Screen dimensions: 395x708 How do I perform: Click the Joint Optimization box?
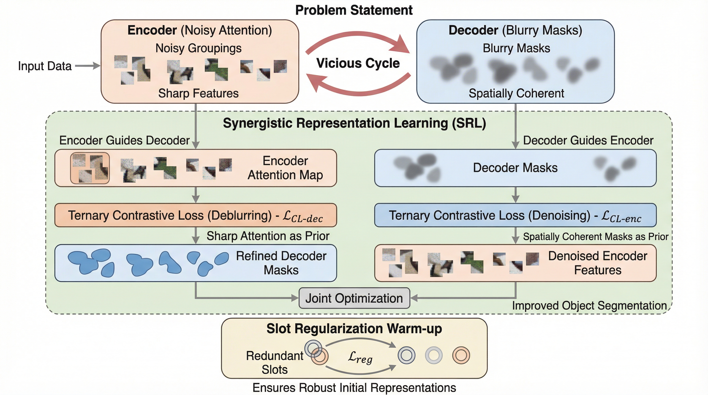pos(354,298)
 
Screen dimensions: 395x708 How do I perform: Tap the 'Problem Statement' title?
pos(354,11)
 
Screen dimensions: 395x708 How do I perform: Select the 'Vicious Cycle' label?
pos(358,63)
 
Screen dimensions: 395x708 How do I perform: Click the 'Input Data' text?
pos(45,66)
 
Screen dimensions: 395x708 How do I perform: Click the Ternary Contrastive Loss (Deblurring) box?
pos(196,215)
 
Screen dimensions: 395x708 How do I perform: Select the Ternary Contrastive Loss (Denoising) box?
pos(515,215)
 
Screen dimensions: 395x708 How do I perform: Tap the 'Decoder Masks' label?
pos(515,168)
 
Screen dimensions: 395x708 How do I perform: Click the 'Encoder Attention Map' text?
pos(285,168)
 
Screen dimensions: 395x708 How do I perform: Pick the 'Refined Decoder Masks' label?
pos(281,263)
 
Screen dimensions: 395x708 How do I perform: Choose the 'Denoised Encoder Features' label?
pos(598,263)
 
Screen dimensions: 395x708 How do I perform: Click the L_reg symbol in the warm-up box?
pos(360,357)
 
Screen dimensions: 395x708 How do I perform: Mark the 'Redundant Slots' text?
pos(275,362)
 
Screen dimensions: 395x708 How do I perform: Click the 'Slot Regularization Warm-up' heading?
pos(354,329)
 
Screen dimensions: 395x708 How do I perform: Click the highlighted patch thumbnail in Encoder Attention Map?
pos(90,168)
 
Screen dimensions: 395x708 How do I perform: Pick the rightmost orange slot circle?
pos(461,355)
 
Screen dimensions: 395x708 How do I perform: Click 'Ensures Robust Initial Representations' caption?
pos(354,388)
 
